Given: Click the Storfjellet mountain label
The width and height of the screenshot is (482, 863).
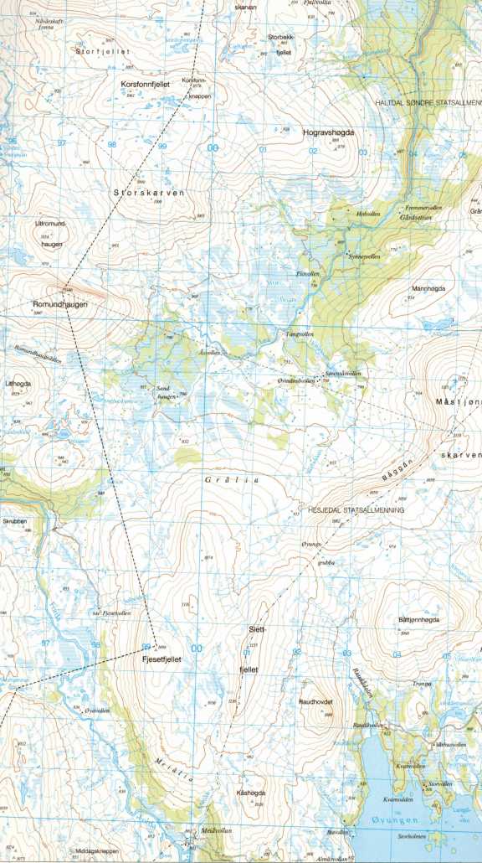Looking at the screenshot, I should [x=104, y=52].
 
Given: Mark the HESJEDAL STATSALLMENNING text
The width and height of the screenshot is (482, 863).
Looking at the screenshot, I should [x=356, y=509].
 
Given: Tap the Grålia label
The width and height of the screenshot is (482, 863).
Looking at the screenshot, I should [x=232, y=480].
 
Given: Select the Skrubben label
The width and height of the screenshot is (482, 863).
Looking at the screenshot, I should [x=15, y=520].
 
